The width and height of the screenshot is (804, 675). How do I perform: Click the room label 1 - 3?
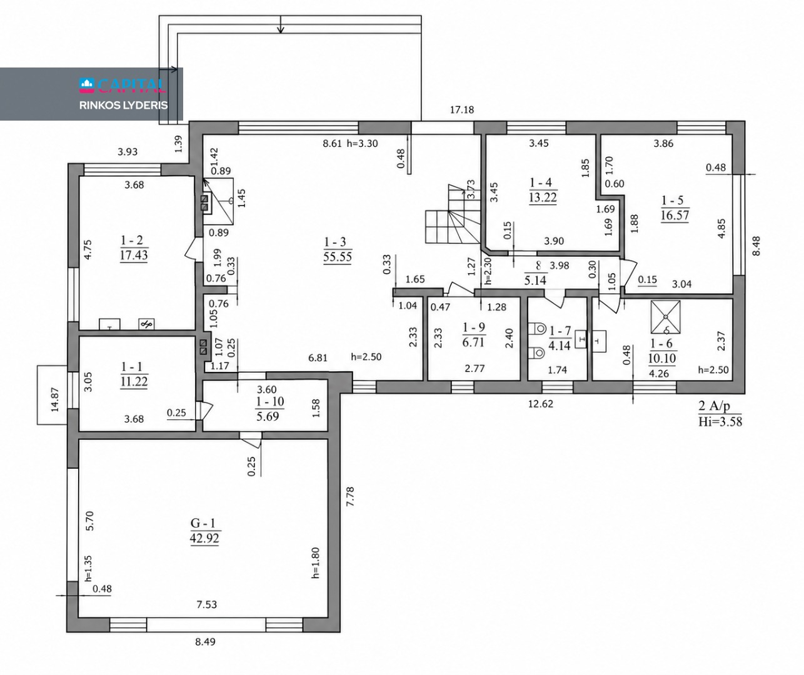click(335, 242)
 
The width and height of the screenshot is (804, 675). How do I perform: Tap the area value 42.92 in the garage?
click(204, 538)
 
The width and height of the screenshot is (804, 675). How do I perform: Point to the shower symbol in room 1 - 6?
click(665, 317)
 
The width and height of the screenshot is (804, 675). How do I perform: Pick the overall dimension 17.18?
click(462, 110)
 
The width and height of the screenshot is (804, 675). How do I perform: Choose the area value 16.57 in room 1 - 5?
click(675, 215)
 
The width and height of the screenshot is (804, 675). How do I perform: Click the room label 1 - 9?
click(474, 327)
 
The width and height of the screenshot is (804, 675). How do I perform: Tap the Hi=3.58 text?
click(720, 422)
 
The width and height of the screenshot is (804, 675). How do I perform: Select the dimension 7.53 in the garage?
click(207, 604)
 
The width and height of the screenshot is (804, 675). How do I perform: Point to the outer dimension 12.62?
click(541, 404)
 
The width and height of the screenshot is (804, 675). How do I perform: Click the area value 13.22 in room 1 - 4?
click(543, 197)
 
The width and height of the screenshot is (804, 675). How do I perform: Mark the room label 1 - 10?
click(270, 402)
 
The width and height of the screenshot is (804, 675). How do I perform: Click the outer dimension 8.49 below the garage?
click(205, 642)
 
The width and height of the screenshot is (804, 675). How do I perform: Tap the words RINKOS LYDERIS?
click(124, 106)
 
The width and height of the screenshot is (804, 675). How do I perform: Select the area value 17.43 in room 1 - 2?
click(134, 255)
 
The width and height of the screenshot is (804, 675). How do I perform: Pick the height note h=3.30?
click(363, 144)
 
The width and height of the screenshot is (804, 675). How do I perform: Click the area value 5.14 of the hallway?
click(535, 280)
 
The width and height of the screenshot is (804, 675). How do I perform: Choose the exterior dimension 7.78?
click(350, 497)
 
